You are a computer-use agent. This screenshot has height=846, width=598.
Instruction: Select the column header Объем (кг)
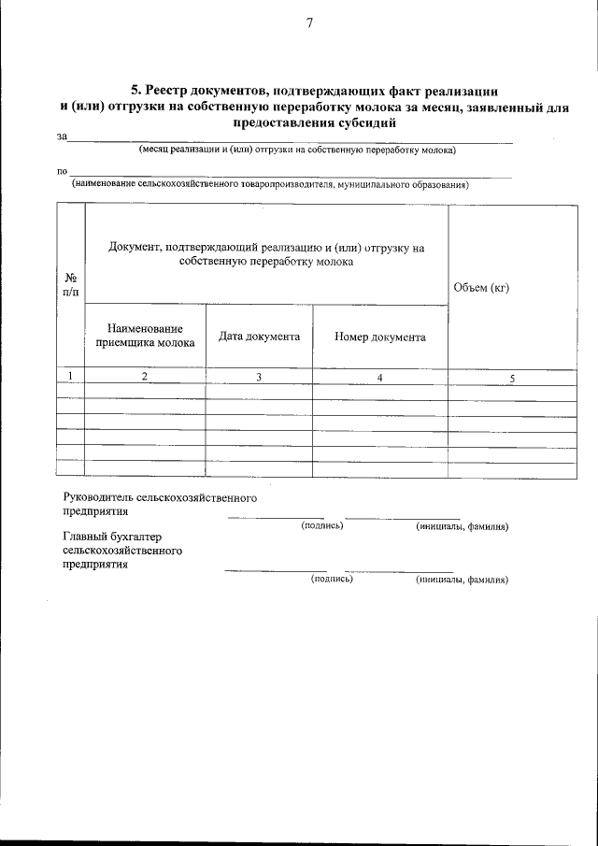(x=480, y=287)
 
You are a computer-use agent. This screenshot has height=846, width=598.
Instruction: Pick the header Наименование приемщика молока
(x=145, y=336)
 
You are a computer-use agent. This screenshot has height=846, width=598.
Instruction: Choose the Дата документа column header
(x=259, y=337)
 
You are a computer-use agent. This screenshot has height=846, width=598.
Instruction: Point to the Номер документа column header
(x=380, y=337)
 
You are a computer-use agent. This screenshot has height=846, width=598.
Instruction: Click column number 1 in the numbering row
(x=71, y=376)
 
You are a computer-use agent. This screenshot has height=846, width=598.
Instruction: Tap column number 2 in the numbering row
(x=145, y=376)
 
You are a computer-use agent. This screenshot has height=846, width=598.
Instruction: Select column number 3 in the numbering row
(x=259, y=377)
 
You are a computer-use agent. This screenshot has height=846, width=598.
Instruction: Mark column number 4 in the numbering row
(x=380, y=377)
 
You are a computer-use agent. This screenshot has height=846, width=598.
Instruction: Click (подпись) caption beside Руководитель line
(x=322, y=527)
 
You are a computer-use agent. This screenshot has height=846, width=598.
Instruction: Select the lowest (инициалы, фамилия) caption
(x=462, y=580)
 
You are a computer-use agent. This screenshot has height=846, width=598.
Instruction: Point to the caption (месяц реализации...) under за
(x=296, y=150)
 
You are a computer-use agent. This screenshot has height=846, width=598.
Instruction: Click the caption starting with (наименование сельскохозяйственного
(x=270, y=184)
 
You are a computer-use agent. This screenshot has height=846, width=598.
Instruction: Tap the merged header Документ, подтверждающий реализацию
(x=266, y=255)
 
